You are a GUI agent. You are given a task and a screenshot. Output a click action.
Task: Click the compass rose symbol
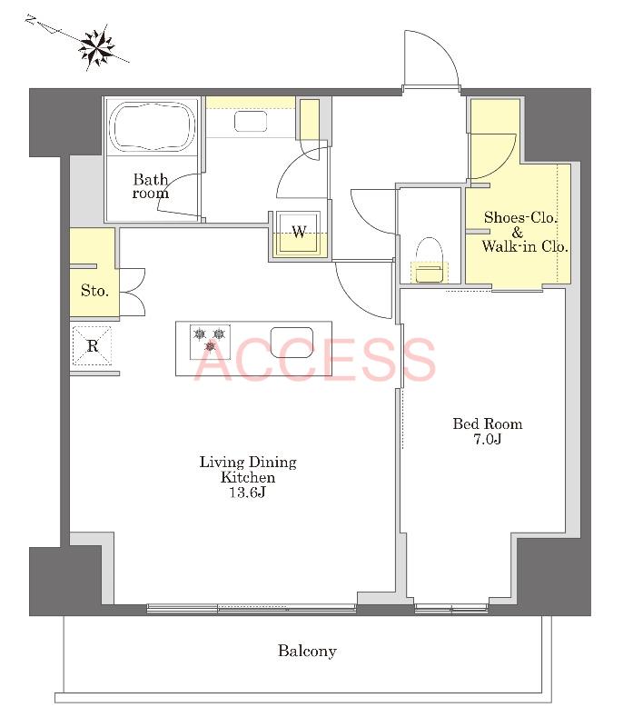[97, 47]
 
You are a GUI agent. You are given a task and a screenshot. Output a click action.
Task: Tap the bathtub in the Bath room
[152, 126]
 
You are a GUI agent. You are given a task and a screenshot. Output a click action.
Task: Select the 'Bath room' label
[151, 186]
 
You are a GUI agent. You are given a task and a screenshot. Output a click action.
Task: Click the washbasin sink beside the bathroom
[251, 122]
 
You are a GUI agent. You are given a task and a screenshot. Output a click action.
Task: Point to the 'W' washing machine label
[299, 232]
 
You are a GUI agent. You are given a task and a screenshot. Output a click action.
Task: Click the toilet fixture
[429, 260]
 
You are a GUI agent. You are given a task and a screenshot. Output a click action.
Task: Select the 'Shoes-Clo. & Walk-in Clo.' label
[525, 232]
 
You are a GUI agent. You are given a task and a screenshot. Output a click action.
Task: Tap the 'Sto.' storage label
[94, 291]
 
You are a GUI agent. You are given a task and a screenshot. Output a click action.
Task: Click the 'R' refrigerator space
[93, 345]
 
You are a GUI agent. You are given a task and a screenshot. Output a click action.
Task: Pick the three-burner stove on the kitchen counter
[210, 342]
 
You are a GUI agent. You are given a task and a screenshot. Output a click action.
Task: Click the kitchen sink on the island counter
[292, 343]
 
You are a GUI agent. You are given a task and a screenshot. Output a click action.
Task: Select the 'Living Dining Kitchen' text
[248, 469]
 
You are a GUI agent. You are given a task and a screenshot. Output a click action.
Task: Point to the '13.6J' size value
[247, 492]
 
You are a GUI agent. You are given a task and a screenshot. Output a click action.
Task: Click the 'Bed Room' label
[488, 423]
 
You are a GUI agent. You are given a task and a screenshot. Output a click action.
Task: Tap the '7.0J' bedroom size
[488, 439]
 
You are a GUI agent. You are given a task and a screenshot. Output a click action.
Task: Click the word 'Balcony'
[307, 651]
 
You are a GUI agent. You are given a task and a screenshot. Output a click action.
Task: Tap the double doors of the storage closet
[133, 292]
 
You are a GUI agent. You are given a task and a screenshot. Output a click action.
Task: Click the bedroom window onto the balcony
[451, 608]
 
